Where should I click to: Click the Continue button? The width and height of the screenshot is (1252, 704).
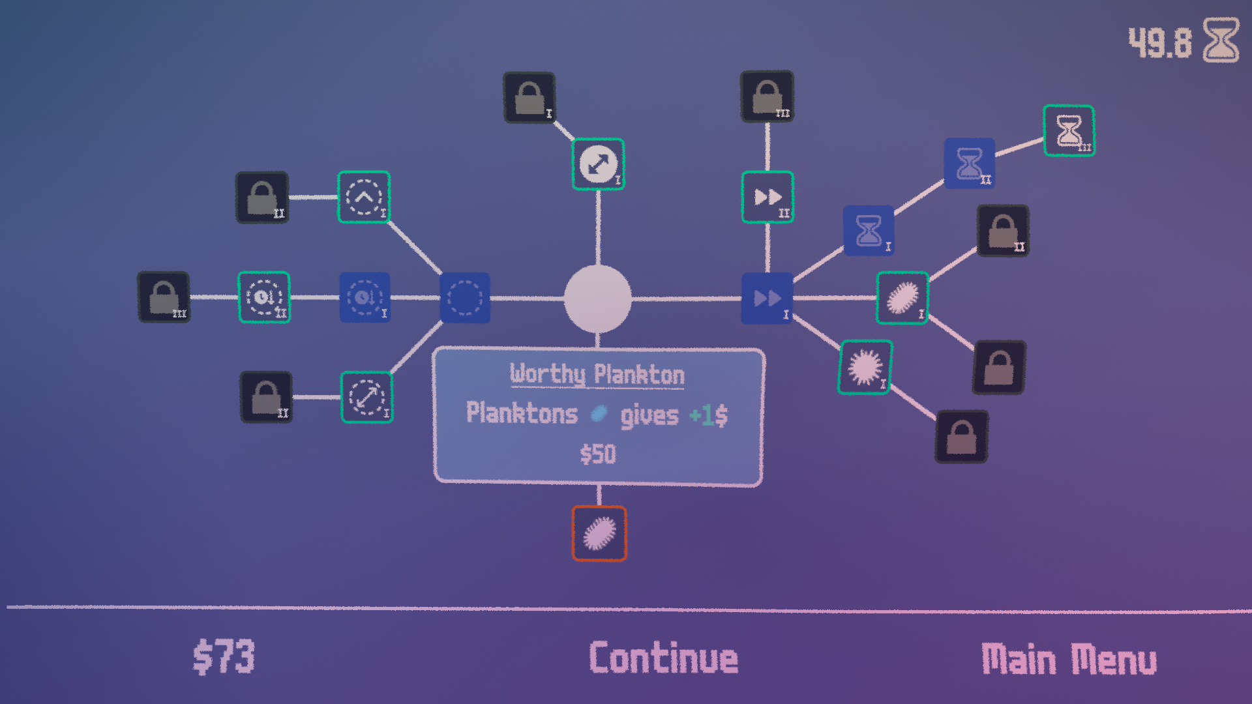point(663,658)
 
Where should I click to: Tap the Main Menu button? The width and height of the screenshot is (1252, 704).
point(1069,660)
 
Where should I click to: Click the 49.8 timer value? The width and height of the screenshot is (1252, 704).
point(1159,43)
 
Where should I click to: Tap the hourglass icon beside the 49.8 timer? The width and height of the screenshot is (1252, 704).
point(1220,40)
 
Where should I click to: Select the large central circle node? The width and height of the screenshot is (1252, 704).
point(597,299)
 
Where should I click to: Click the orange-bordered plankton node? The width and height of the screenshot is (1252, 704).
point(599,533)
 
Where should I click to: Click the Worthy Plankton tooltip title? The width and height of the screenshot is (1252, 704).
point(597,375)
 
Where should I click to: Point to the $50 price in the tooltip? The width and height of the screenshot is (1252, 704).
point(597,454)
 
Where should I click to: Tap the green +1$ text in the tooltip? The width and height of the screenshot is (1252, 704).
point(708,415)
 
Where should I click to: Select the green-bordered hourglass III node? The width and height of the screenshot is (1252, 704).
point(1069,130)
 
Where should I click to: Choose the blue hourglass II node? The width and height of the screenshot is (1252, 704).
point(970,163)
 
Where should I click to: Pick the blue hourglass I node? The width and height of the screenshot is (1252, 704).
point(869,230)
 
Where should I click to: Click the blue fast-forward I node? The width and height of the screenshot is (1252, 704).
point(768,299)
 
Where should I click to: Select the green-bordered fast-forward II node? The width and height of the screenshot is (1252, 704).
point(768,197)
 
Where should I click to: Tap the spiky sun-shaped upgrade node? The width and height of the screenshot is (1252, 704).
point(865,367)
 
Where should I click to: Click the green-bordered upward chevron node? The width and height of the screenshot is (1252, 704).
point(364,197)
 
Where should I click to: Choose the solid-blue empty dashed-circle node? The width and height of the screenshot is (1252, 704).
point(464,299)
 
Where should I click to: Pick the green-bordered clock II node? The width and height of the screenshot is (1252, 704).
point(263,297)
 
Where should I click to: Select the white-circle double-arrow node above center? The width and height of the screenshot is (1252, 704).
point(598,164)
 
